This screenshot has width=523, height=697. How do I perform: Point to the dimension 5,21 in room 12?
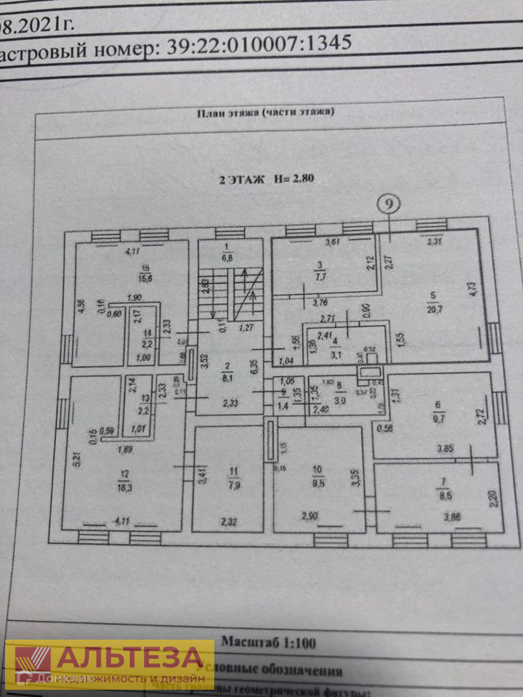pyautogui.click(x=76, y=458)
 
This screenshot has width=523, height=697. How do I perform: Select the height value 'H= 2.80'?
pyautogui.click(x=293, y=179)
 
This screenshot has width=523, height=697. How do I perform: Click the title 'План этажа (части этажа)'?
pyautogui.click(x=265, y=113)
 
